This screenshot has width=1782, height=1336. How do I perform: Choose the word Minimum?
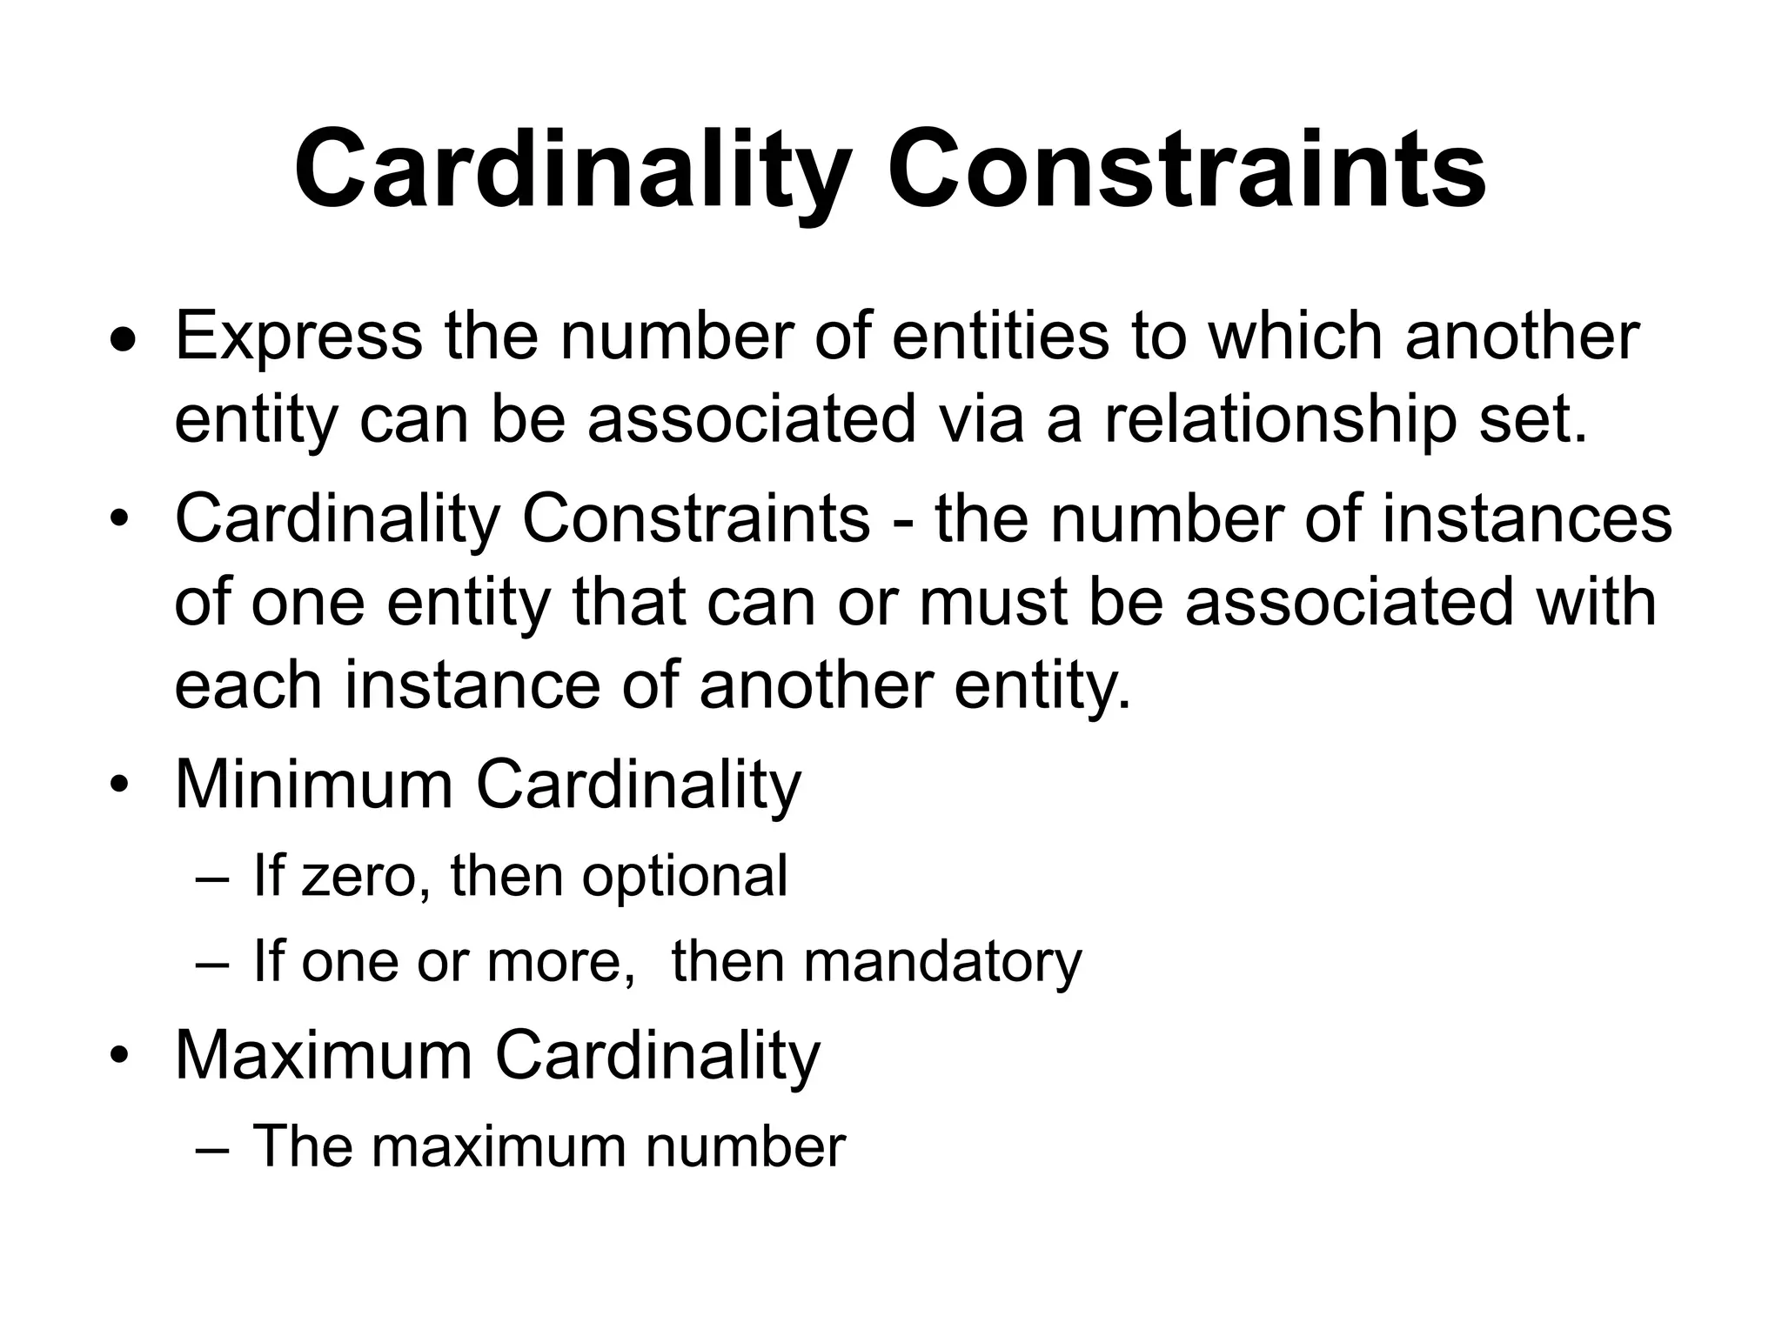[x=314, y=785]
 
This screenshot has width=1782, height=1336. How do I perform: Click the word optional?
[x=685, y=877]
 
